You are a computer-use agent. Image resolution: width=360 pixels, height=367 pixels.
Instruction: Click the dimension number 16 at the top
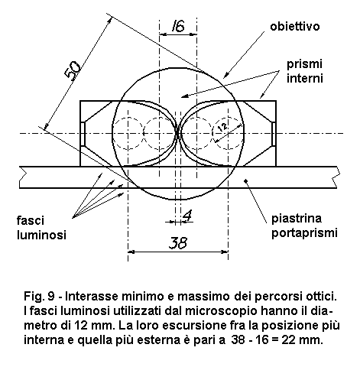coord(178,26)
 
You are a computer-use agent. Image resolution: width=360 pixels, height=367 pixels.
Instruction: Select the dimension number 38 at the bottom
coord(178,242)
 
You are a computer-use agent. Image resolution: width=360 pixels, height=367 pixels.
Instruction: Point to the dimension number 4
coord(188,216)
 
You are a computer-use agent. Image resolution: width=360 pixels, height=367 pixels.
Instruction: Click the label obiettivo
coord(295,27)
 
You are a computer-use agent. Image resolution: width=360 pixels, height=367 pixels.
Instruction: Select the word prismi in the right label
coord(304,64)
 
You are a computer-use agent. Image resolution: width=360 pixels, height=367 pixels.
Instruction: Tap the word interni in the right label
coord(305,78)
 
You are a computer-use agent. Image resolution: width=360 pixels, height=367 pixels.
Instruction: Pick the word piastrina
coord(297,219)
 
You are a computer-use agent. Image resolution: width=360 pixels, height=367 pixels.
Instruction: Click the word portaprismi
coord(304,232)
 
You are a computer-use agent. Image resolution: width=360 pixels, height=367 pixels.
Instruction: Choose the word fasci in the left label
coord(31,221)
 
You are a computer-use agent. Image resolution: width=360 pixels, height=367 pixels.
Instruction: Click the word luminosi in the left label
coord(41,235)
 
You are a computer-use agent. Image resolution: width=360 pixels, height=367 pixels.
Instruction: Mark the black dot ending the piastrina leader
coord(245,180)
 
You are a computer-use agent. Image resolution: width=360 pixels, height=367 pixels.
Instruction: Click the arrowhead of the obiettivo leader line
coord(225,75)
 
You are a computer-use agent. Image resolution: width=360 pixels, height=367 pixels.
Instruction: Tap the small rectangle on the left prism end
coord(83,135)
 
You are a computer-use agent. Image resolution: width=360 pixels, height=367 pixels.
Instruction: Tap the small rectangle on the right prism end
coord(274,135)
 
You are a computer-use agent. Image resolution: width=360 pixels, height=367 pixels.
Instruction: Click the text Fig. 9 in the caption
coord(39,297)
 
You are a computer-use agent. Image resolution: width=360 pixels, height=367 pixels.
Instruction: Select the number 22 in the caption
coord(288,340)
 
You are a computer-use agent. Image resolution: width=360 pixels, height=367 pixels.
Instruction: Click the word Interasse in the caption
coord(92,297)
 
